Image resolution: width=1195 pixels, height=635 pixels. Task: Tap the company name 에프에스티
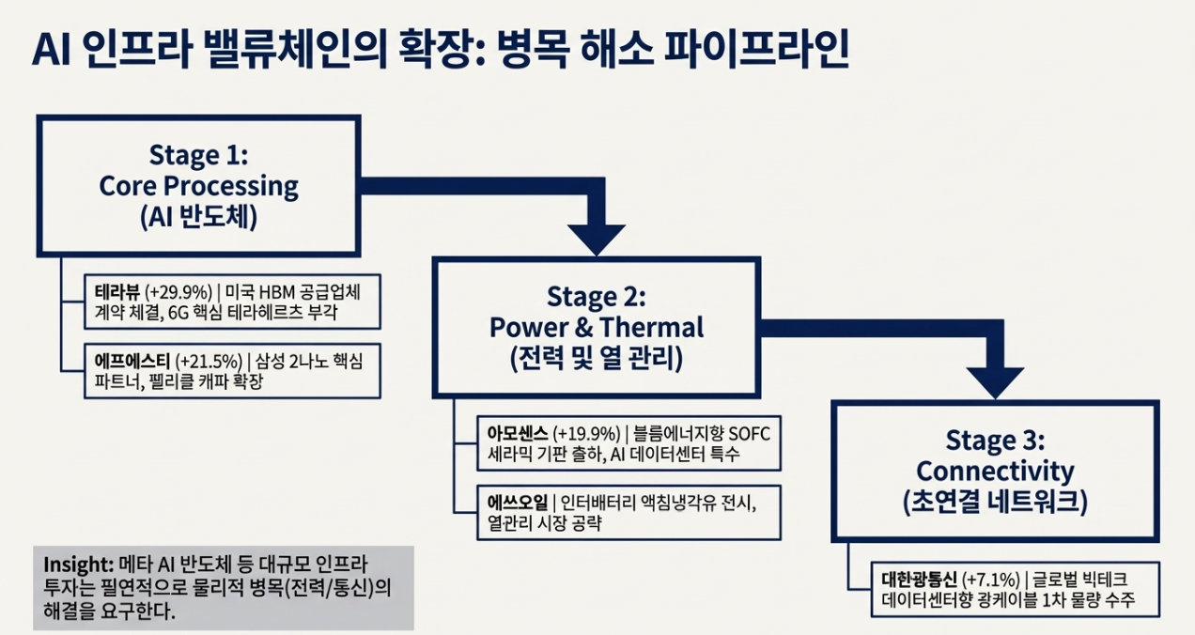(127, 360)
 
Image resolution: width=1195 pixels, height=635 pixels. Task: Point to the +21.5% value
(209, 360)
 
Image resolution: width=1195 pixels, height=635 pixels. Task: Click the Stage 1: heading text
(197, 155)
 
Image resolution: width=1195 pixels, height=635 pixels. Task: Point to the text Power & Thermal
(596, 328)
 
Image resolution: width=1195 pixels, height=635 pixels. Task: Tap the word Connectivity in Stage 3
(994, 471)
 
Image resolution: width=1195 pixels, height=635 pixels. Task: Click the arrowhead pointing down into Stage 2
(596, 239)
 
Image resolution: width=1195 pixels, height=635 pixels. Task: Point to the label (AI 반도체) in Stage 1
(197, 217)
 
